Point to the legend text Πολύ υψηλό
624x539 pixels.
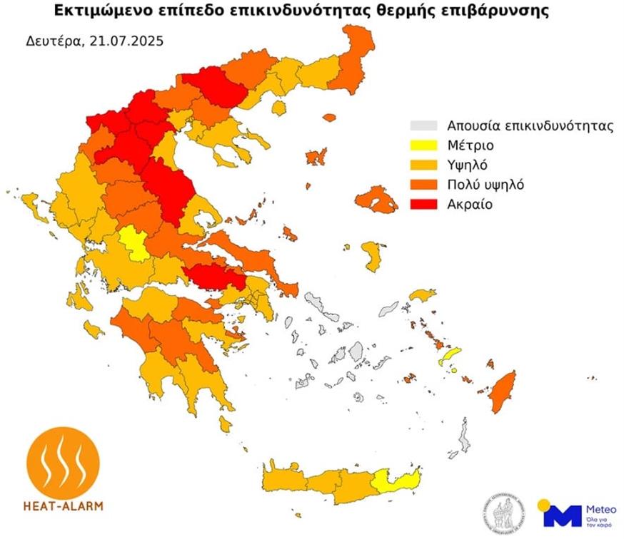(485, 185)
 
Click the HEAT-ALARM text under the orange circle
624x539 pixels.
(63, 506)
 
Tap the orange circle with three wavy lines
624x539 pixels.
(63, 461)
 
